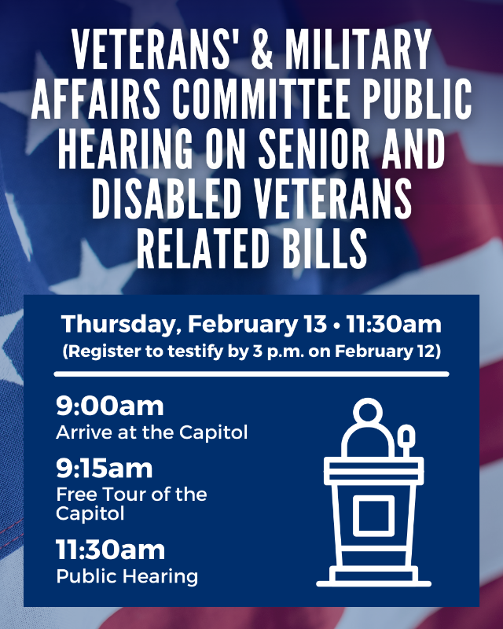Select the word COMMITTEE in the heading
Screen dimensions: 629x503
(x=275, y=101)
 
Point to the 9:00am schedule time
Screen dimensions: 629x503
(x=110, y=406)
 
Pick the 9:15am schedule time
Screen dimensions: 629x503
(x=105, y=469)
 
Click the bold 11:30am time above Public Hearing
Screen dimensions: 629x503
(x=111, y=550)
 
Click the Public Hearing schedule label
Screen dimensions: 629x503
(x=127, y=576)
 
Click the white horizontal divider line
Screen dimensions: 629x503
(x=251, y=374)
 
